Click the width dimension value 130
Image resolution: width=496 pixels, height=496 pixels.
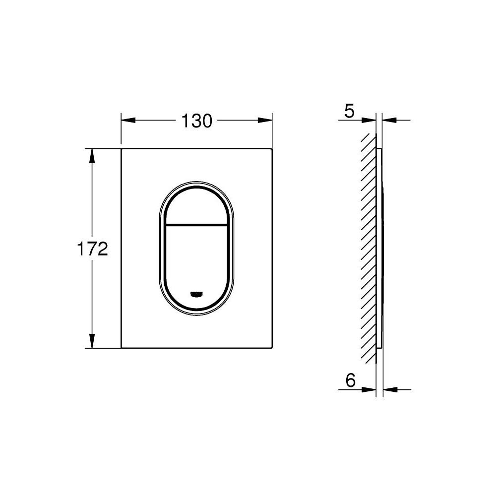196,121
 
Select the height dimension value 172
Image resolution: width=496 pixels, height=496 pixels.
92,249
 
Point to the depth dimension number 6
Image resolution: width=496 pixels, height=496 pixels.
350,381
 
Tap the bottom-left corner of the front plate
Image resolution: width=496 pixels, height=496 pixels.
122,347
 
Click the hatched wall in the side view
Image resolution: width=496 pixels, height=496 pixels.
368,248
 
